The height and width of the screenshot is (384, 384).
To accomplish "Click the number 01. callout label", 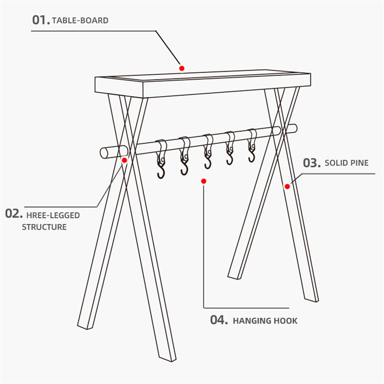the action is point(41,20).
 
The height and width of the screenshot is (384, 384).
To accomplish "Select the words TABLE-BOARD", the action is point(80,21).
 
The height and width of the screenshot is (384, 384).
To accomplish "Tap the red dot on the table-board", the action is point(182,68).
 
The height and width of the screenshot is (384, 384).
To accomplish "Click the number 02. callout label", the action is point(14,214).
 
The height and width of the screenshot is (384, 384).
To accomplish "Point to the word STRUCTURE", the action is point(44,227).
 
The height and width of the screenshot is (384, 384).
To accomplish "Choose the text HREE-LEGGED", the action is point(53,215).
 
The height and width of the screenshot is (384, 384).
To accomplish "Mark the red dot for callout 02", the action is point(124,161).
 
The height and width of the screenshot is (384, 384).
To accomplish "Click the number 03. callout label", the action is point(312,163).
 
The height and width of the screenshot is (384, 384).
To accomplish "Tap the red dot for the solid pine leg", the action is point(287,187).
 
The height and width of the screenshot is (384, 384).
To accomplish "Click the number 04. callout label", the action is point(219,320).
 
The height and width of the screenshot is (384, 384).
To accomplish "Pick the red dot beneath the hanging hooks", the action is point(204,181).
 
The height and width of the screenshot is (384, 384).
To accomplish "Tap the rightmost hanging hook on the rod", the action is point(252,145).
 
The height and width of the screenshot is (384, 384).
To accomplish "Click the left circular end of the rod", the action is point(104,153).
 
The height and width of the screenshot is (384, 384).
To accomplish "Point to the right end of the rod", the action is point(295,128).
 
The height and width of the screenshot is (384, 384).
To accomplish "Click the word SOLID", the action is point(336,163).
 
